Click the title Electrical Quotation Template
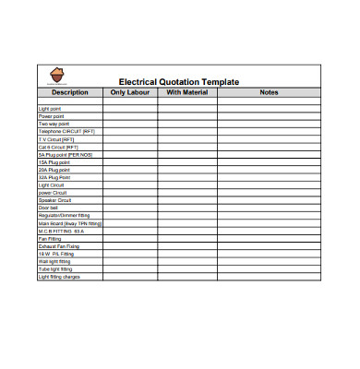coord(179,82)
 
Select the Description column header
coord(69,92)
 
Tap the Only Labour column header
coord(129,92)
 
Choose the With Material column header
coord(186,92)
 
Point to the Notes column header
coord(269,92)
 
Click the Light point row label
coord(48,109)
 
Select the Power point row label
coord(50,116)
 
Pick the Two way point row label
coord(52,124)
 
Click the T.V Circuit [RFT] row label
coord(55,139)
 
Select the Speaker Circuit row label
coord(54,200)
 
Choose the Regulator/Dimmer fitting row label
coord(64,216)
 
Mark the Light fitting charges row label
coord(58,277)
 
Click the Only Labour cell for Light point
coord(129,109)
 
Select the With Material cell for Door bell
coord(186,208)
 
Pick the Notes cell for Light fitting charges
coord(269,277)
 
